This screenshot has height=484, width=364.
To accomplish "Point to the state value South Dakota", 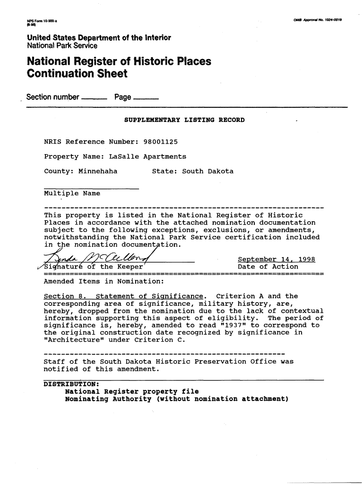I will click(x=208, y=171).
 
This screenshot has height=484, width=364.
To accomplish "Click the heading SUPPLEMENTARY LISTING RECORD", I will click(x=184, y=120).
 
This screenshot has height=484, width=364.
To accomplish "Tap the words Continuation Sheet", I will click(x=77, y=74).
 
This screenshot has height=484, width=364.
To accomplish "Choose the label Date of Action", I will click(x=268, y=267).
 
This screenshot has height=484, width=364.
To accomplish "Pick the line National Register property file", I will click(x=132, y=391).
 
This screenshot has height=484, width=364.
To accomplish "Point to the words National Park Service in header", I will click(x=62, y=46).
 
